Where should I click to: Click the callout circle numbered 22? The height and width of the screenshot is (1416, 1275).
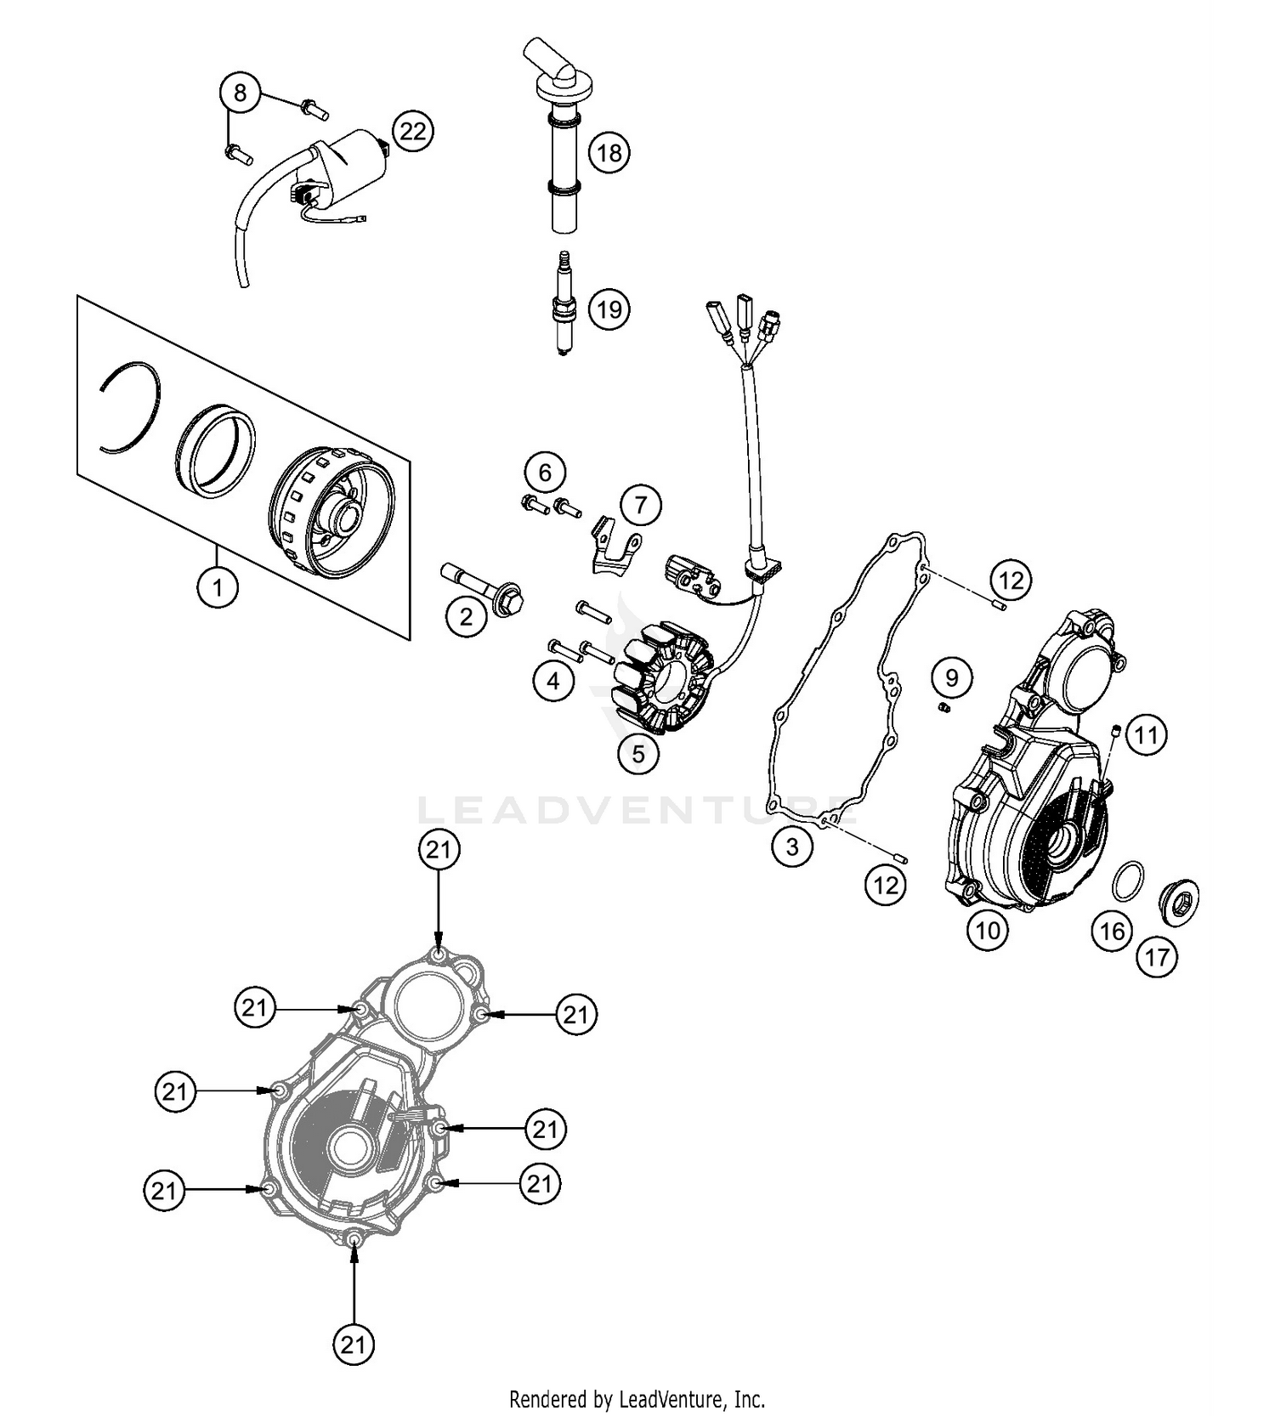pyautogui.click(x=412, y=131)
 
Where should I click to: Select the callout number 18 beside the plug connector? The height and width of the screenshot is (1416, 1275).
pyautogui.click(x=609, y=153)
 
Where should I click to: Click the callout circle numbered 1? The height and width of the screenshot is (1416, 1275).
pyautogui.click(x=218, y=586)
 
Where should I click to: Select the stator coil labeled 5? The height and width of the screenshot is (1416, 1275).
pyautogui.click(x=665, y=680)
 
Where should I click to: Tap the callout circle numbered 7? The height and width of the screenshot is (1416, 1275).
pyautogui.click(x=640, y=506)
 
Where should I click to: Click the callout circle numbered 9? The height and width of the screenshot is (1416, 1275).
pyautogui.click(x=951, y=677)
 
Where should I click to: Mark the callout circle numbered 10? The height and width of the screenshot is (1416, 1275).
pyautogui.click(x=988, y=930)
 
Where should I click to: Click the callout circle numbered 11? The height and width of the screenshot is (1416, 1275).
pyautogui.click(x=1147, y=734)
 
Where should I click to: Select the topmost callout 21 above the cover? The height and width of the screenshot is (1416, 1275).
pyautogui.click(x=439, y=850)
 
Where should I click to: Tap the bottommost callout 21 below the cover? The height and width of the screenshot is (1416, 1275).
pyautogui.click(x=353, y=1344)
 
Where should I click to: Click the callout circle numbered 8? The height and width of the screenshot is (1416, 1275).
pyautogui.click(x=240, y=92)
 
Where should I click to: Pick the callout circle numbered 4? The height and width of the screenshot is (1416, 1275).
pyautogui.click(x=553, y=680)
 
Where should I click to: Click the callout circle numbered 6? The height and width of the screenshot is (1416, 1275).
pyautogui.click(x=545, y=472)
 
